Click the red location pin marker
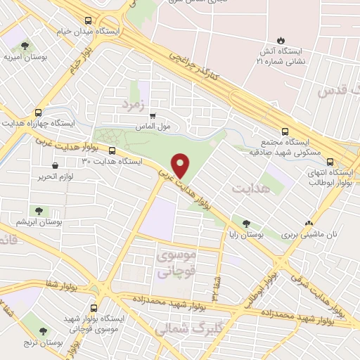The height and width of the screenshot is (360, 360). tap(181, 166)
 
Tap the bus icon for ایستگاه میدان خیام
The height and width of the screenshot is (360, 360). tap(86, 21)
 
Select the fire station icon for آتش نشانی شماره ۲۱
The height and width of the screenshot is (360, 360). tap(281, 40)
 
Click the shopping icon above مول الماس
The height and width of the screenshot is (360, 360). tap(152, 117)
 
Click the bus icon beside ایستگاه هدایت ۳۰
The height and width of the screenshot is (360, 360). tap(112, 150)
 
